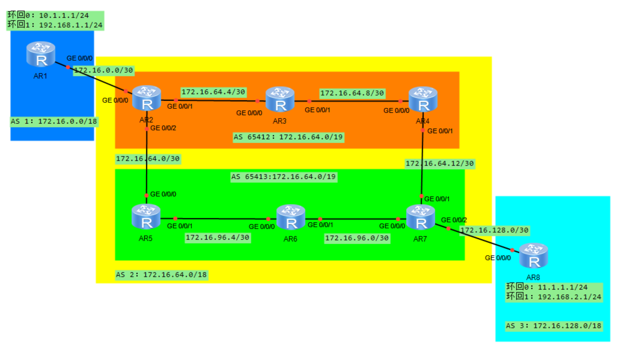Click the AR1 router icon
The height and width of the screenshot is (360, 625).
point(40,54)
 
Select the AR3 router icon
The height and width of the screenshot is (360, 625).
point(280,99)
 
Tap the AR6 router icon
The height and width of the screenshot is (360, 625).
point(291,217)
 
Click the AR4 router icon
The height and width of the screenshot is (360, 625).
point(423,99)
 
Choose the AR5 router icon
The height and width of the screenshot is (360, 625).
point(146,216)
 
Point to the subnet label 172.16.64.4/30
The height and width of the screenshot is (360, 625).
point(213,92)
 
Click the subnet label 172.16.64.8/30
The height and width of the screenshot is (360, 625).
point(352,93)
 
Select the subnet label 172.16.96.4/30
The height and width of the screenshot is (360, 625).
point(218,238)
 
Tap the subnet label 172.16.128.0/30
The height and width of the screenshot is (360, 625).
point(494,231)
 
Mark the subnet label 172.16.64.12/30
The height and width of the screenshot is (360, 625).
point(440,164)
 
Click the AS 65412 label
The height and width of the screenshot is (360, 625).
point(288,137)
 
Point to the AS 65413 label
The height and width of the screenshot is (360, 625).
point(284,177)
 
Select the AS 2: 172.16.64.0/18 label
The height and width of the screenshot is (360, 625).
point(161,275)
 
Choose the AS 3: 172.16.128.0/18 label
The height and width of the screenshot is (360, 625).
point(554,326)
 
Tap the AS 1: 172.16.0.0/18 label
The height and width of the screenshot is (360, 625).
point(54,121)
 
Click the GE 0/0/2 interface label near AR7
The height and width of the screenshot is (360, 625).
point(454,220)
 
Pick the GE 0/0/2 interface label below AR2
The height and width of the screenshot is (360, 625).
point(163,128)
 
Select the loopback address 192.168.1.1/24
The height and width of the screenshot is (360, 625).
point(71,25)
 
